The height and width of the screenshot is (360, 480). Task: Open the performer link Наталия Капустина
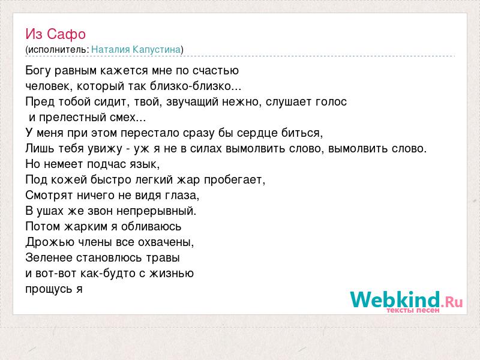pyautogui.click(x=136, y=50)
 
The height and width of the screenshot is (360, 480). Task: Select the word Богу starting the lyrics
pyautogui.click(x=38, y=71)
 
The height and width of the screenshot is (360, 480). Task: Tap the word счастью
pyautogui.click(x=215, y=71)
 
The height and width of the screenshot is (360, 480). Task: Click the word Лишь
pyautogui.click(x=39, y=148)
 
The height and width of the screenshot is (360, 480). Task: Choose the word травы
pyautogui.click(x=163, y=258)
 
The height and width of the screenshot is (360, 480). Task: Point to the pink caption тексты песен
pyautogui.click(x=413, y=310)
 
